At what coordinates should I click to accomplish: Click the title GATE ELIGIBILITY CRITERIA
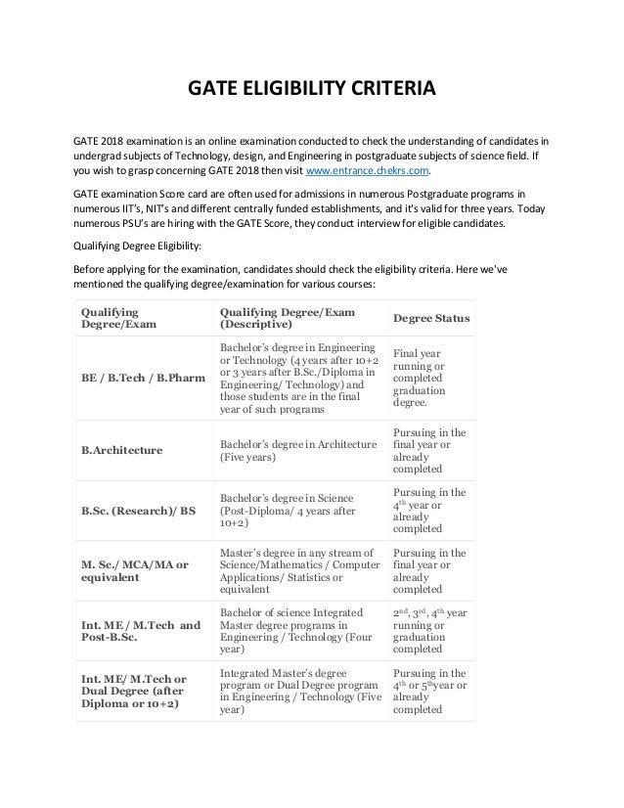coord(311,93)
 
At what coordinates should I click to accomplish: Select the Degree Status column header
coord(431,319)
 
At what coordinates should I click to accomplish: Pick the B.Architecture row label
coord(122,451)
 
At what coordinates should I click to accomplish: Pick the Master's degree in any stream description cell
coord(297,570)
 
